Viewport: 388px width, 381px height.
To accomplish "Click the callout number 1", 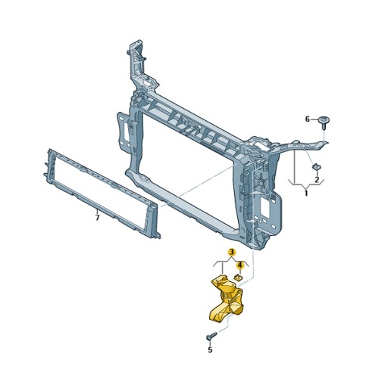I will tap(306, 194).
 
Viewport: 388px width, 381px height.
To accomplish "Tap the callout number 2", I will tap(317, 180).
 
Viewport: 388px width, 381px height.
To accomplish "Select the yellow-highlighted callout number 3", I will tap(232, 252).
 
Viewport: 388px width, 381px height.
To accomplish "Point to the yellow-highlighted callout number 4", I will tap(240, 265).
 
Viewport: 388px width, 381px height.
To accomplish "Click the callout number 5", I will tap(210, 349).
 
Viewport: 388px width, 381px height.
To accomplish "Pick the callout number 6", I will tap(308, 119).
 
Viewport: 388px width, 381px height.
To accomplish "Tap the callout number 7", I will tap(97, 218).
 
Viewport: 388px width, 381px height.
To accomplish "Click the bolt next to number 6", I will tap(325, 120).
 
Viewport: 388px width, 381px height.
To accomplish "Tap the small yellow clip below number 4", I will tap(237, 277).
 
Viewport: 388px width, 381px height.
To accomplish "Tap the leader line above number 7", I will tap(97, 209).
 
